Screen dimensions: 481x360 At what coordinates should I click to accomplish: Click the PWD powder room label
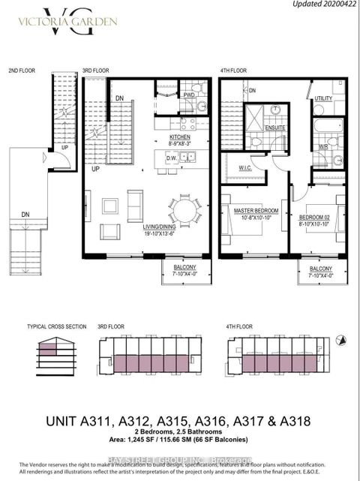click(190, 95)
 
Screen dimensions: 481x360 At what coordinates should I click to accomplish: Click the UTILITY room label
click(323, 98)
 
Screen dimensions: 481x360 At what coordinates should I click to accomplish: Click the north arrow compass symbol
click(340, 340)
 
